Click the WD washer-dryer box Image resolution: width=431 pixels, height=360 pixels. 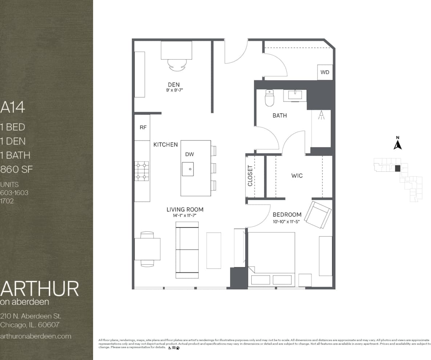[x=325, y=72]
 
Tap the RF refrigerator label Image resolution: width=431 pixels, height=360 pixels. [x=143, y=127]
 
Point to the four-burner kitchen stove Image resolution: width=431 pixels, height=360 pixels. [x=142, y=171]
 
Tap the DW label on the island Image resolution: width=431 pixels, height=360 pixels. [x=189, y=154]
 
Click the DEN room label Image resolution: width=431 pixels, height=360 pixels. [x=174, y=85]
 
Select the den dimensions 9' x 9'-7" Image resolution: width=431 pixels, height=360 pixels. [x=174, y=91]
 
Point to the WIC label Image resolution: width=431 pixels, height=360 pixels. [x=297, y=175]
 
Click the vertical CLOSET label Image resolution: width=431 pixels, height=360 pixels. [x=250, y=176]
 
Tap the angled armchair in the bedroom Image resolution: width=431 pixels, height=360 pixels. [x=318, y=214]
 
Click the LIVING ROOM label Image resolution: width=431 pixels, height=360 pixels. [x=185, y=209]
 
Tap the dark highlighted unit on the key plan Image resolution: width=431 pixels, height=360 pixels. [x=398, y=168]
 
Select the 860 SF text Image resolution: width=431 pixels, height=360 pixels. [x=17, y=169]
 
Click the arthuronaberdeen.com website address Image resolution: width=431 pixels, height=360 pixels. [x=36, y=336]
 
